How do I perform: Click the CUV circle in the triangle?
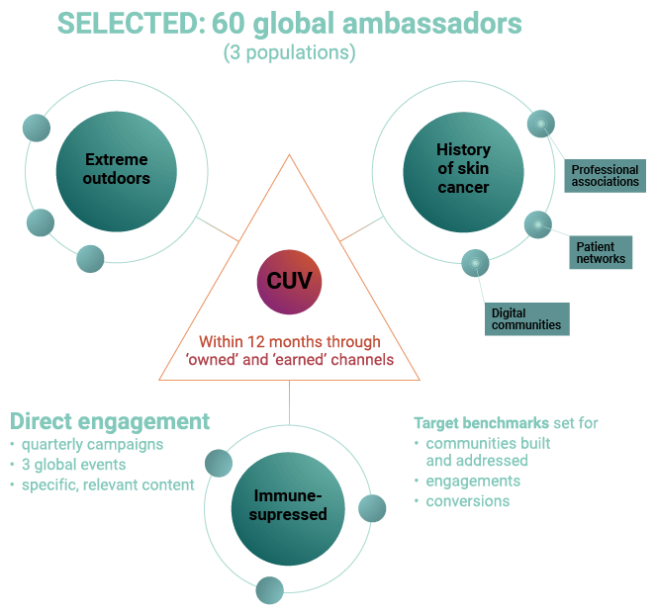tap(289, 281)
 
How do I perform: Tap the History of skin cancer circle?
tap(463, 168)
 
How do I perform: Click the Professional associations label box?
tap(606, 176)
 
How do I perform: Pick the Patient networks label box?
tap(602, 253)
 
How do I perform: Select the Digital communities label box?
tap(526, 318)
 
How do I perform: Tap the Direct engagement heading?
tap(110, 421)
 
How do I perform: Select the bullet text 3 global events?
tap(76, 465)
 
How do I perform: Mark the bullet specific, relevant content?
tap(108, 484)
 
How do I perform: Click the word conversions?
tap(468, 501)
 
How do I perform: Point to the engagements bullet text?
tap(473, 482)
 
